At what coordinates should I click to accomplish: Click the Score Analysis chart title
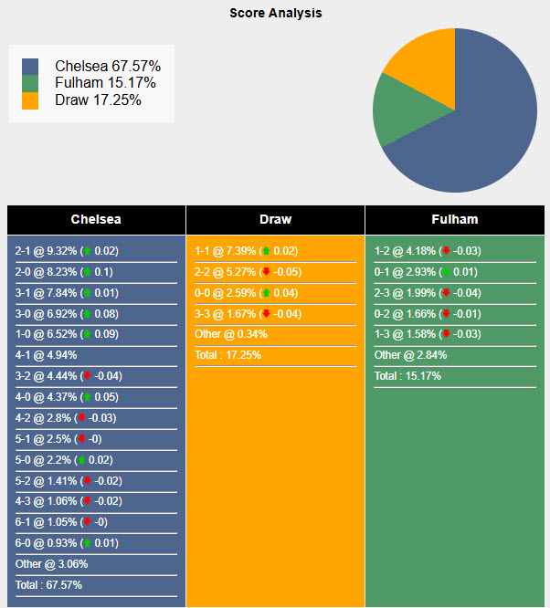(275, 14)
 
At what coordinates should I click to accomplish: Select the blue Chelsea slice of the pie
(484, 128)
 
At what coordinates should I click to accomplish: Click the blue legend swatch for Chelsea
(30, 67)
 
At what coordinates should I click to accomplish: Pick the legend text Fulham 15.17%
(105, 83)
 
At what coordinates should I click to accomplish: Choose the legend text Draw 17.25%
(98, 100)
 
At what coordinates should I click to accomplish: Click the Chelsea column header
(96, 219)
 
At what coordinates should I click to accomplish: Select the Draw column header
(275, 219)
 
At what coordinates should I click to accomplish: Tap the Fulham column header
(454, 219)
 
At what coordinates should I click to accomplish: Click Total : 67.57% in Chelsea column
(48, 584)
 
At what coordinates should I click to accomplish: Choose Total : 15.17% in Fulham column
(407, 375)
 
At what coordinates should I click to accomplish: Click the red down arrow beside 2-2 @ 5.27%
(266, 272)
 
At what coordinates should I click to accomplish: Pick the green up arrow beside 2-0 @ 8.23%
(87, 272)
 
